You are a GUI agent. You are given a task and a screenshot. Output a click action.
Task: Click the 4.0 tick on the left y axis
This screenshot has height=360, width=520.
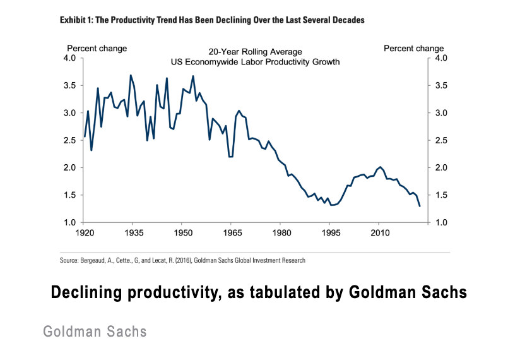pyautogui.click(x=69, y=58)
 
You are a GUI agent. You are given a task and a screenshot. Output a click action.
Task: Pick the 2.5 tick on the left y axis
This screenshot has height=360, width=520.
pyautogui.click(x=69, y=140)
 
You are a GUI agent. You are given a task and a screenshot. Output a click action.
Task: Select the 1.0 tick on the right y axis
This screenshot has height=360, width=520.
pyautogui.click(x=440, y=223)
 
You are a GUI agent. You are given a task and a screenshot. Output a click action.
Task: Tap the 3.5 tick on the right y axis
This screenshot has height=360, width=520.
pyautogui.click(x=440, y=85)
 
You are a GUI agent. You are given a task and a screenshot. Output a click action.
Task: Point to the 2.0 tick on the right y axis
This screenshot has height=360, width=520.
pyautogui.click(x=440, y=168)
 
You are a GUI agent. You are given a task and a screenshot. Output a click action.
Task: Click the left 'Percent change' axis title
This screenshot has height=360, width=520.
pyautogui.click(x=97, y=49)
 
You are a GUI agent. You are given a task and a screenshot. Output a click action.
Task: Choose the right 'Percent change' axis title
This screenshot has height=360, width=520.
pyautogui.click(x=413, y=49)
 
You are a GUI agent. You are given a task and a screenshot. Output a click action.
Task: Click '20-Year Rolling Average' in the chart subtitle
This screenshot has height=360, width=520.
pyautogui.click(x=255, y=52)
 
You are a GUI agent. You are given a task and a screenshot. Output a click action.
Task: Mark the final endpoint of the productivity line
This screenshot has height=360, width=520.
pyautogui.click(x=420, y=206)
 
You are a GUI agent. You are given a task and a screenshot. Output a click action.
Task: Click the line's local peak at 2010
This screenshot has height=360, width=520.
pyautogui.click(x=379, y=167)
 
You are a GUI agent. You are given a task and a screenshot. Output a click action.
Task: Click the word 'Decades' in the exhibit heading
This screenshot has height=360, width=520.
pyautogui.click(x=348, y=20)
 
